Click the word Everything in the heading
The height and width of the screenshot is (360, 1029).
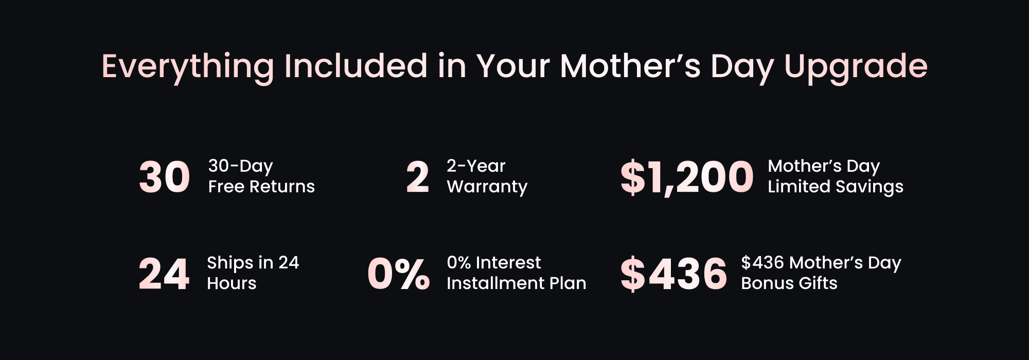(x=188, y=67)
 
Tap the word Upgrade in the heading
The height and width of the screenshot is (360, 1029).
(x=856, y=67)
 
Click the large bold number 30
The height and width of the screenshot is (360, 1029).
(x=165, y=177)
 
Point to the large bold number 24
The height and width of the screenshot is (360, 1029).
(x=164, y=274)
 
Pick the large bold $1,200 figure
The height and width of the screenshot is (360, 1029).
(x=687, y=177)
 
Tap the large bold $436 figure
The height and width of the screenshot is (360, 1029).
(x=673, y=274)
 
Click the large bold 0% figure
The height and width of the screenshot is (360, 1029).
(x=398, y=274)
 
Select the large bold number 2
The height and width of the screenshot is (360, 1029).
(x=417, y=177)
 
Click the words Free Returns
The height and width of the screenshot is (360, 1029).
(x=261, y=186)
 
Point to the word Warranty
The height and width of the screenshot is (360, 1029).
(x=487, y=187)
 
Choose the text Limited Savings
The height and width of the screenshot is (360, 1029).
(x=836, y=187)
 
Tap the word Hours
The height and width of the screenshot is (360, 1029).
(x=232, y=283)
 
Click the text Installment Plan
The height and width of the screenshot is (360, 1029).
(x=517, y=283)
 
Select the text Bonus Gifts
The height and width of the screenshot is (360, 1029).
(x=789, y=283)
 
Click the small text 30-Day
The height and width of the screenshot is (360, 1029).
(x=240, y=166)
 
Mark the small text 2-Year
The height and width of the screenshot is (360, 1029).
(x=476, y=166)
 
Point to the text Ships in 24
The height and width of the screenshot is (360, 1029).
(x=253, y=263)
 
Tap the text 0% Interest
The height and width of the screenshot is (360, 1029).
(x=494, y=262)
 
